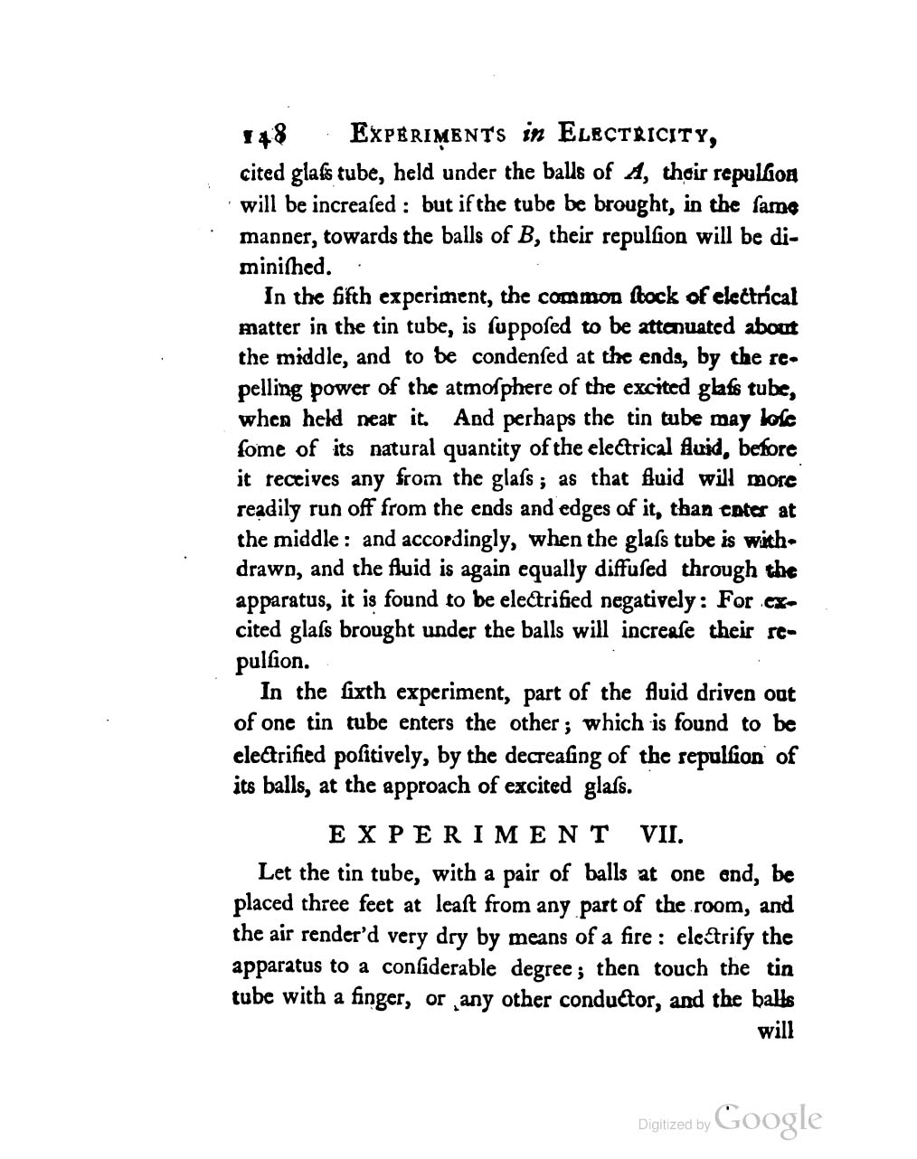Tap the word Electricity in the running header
[638, 136]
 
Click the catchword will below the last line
[774, 1031]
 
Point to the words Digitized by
[675, 1125]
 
